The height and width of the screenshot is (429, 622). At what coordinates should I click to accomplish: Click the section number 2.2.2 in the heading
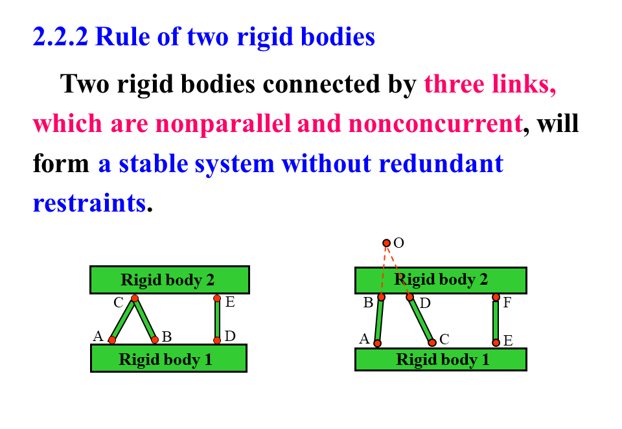[x=61, y=37]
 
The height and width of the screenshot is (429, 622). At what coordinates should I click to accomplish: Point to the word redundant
[x=441, y=163]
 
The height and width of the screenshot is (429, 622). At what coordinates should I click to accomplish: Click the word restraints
[x=89, y=203]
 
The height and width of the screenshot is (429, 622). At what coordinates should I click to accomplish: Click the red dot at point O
[x=386, y=243]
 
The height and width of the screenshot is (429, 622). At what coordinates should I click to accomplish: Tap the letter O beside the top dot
[x=399, y=243]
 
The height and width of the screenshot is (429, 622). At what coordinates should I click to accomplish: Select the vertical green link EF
[x=496, y=320]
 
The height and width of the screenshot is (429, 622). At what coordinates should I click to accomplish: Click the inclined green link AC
[x=123, y=319]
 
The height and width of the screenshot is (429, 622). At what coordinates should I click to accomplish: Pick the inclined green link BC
[x=144, y=319]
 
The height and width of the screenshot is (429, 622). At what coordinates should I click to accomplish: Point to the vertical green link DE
[x=217, y=319]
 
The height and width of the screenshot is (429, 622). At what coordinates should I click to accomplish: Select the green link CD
[x=421, y=320]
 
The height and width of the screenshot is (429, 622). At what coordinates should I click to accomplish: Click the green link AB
[x=379, y=320]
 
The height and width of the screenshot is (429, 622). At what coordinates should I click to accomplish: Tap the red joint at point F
[x=496, y=297]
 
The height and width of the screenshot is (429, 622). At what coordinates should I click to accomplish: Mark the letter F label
[x=508, y=302]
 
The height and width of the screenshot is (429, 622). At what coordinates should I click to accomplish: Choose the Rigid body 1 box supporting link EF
[x=441, y=359]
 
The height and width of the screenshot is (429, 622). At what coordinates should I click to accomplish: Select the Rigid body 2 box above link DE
[x=169, y=280]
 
